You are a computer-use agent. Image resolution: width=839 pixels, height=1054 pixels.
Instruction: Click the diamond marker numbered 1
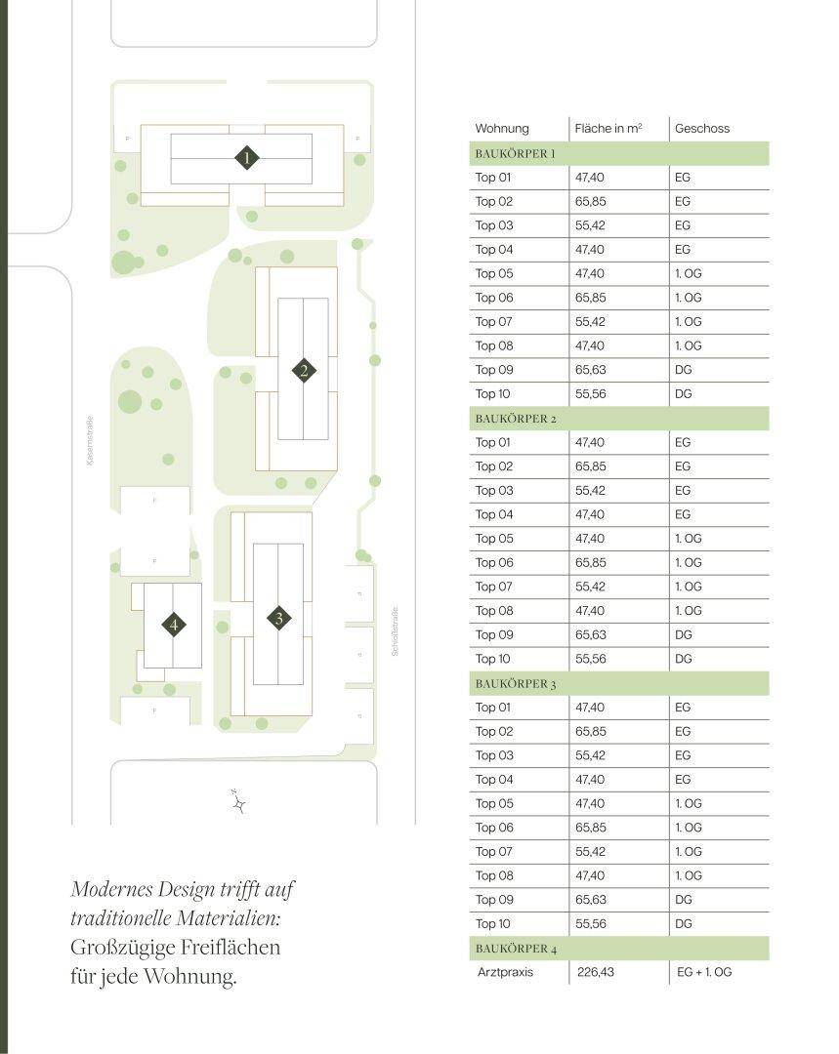(x=248, y=157)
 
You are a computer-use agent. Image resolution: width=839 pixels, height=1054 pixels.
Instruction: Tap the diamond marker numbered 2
(x=305, y=370)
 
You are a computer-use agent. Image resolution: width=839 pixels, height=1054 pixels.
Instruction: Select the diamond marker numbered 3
(x=279, y=618)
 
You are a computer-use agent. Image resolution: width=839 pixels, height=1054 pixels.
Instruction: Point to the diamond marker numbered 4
(x=174, y=625)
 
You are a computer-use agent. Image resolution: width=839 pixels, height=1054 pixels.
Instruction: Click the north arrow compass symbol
(x=237, y=802)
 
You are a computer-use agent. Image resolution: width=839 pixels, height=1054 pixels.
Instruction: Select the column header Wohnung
(x=502, y=129)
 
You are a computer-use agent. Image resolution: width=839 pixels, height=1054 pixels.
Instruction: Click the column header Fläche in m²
(x=608, y=129)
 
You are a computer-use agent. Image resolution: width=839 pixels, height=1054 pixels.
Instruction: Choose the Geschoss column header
(x=702, y=129)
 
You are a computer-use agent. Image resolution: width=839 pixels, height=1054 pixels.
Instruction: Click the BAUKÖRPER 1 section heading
(x=516, y=154)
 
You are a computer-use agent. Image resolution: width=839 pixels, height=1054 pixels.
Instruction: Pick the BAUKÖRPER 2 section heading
(x=516, y=419)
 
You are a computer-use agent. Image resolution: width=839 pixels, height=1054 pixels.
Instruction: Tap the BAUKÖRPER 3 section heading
(x=516, y=684)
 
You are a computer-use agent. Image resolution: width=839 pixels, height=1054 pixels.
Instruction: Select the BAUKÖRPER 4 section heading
(x=516, y=949)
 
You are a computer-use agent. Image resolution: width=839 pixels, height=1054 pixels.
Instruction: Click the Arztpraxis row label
(x=506, y=973)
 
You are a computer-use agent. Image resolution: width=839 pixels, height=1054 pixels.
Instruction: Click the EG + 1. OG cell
(x=704, y=973)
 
